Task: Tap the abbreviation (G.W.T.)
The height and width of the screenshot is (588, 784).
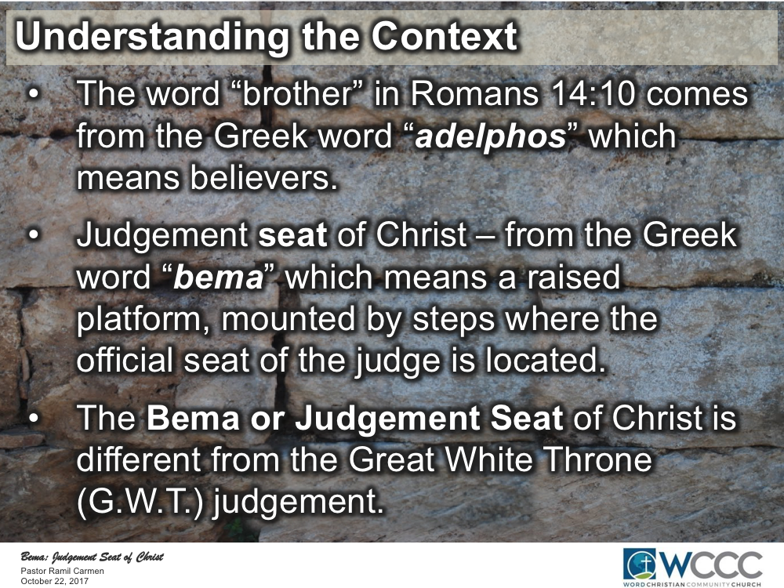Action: [x=140, y=499]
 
